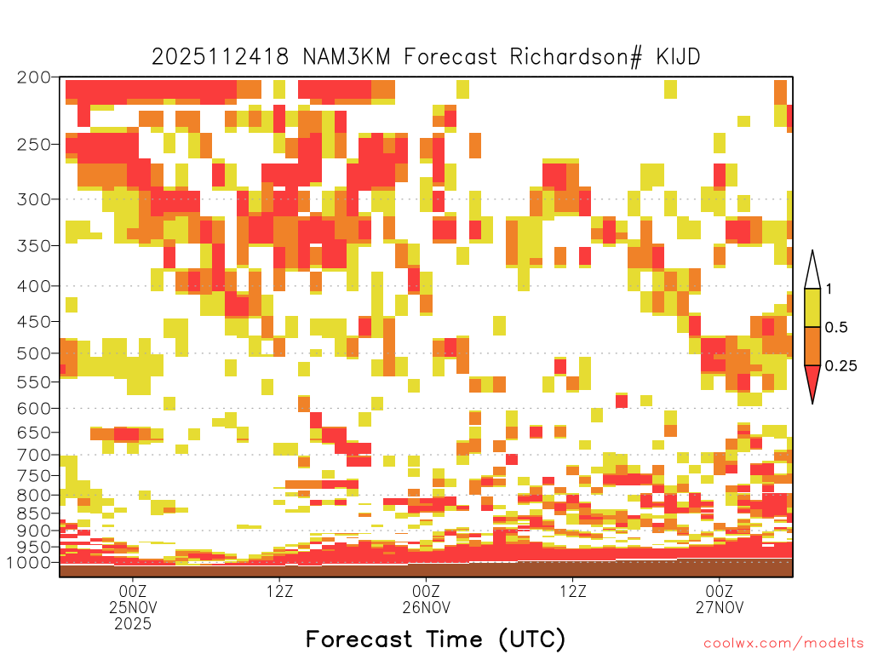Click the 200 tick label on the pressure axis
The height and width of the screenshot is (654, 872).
[x=33, y=77]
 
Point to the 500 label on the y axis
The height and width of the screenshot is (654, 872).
[x=33, y=353]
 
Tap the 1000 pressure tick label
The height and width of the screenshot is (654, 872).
[x=29, y=563]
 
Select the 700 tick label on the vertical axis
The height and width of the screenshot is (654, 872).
[x=33, y=455]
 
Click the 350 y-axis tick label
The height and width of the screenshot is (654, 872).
[x=33, y=246]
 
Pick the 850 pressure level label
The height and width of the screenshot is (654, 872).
[x=33, y=513]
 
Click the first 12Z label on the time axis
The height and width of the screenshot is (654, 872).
[x=279, y=591]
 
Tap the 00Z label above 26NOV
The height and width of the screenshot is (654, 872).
[x=426, y=591]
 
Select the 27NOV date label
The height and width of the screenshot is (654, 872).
[x=719, y=607]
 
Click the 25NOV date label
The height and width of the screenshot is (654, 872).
[x=133, y=607]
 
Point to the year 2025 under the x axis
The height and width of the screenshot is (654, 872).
[x=133, y=624]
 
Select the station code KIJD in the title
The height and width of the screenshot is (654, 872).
[x=678, y=57]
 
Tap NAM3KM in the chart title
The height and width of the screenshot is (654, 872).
[x=347, y=57]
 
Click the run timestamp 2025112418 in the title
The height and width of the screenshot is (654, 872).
[x=221, y=57]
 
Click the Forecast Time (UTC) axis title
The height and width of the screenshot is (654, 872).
[x=435, y=640]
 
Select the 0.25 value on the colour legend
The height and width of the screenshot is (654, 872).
[x=840, y=366]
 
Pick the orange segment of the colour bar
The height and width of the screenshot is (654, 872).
[x=812, y=346]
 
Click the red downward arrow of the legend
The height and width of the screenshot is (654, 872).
[x=812, y=384]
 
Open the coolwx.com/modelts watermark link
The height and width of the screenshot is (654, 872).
[x=783, y=644]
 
